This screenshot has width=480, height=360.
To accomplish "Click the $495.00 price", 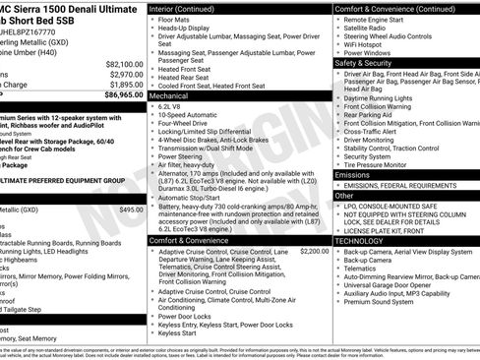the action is point(131,210).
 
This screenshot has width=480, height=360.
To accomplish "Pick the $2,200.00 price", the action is point(315,251).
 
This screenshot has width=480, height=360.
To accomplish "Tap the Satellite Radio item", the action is point(369,29).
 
